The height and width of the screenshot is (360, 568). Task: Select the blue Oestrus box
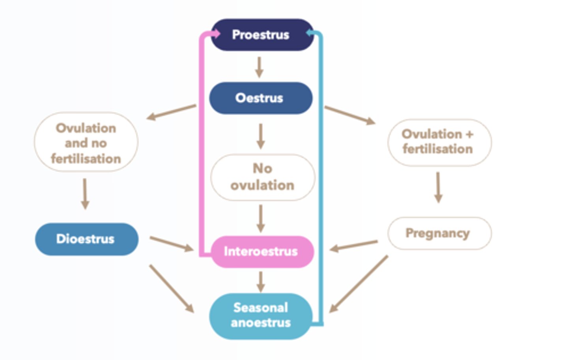260,98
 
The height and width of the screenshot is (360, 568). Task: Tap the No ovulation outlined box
262,177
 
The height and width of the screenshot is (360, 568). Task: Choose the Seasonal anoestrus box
260,315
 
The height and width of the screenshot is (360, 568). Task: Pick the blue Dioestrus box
86,239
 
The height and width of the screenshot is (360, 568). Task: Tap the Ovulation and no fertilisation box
86,142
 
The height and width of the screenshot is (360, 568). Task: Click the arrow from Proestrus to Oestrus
259,67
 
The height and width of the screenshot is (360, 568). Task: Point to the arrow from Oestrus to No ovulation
260,136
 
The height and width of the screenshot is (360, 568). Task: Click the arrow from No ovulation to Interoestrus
260,218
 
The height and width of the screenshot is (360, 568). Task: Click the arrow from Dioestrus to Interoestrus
171,244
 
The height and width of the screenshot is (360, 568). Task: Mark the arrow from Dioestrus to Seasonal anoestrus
171,288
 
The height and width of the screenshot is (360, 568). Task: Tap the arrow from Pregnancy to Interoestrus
354,246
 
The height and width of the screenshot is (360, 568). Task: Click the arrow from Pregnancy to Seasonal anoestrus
359,284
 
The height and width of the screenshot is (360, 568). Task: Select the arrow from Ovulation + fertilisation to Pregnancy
438,187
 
